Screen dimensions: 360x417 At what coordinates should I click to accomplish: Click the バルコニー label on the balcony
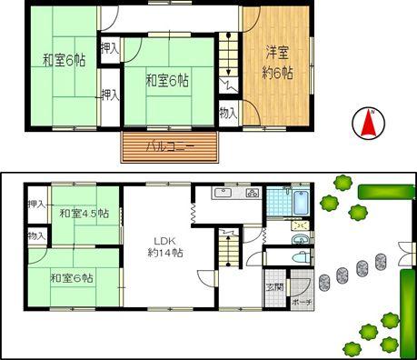(x=170, y=145)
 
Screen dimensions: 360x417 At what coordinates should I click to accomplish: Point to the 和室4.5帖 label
(x=84, y=213)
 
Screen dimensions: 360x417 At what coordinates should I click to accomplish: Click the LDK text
(x=164, y=241)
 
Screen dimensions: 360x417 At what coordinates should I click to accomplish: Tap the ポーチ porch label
(x=302, y=301)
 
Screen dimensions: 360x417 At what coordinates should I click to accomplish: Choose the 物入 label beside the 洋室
(x=228, y=113)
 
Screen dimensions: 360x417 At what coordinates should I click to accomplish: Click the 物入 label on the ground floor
(x=36, y=235)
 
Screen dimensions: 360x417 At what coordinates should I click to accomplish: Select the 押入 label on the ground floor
(x=36, y=204)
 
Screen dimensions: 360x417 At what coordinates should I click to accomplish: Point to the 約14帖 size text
(x=165, y=254)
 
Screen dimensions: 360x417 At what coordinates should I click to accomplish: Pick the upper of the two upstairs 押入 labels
(x=109, y=46)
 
